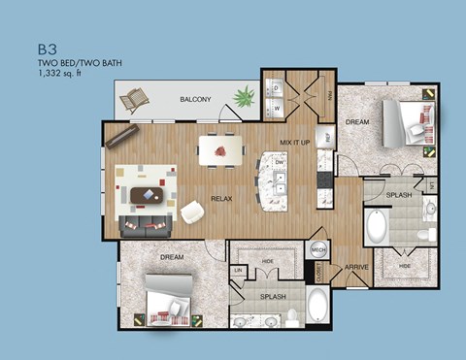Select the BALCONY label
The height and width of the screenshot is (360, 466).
pos(196,99)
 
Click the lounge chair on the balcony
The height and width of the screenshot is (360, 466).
pos(135,100)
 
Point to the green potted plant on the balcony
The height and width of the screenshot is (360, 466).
pos(244,96)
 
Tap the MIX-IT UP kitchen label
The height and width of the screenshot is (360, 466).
pos(294,142)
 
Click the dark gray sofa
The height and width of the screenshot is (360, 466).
pos(148,226)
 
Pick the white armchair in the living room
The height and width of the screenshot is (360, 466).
pos(193,211)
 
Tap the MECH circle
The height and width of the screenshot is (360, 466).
pos(317,249)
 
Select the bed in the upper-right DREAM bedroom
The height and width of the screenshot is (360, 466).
pos(408,123)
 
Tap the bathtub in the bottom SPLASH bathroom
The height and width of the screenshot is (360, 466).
pos(316,310)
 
